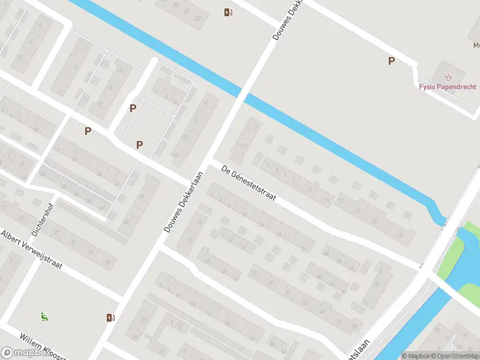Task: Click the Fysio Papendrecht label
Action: [x=447, y=86]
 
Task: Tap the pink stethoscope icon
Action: [x=447, y=77]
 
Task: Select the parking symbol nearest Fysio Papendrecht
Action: [x=391, y=61]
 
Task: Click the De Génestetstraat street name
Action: [x=248, y=183]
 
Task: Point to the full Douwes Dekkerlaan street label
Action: [x=184, y=201]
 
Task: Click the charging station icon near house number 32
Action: [x=228, y=12]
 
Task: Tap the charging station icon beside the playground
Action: [x=110, y=317]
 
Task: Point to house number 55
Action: [x=355, y=326]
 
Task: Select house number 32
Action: [x=198, y=19]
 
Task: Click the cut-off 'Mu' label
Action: [x=476, y=45]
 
